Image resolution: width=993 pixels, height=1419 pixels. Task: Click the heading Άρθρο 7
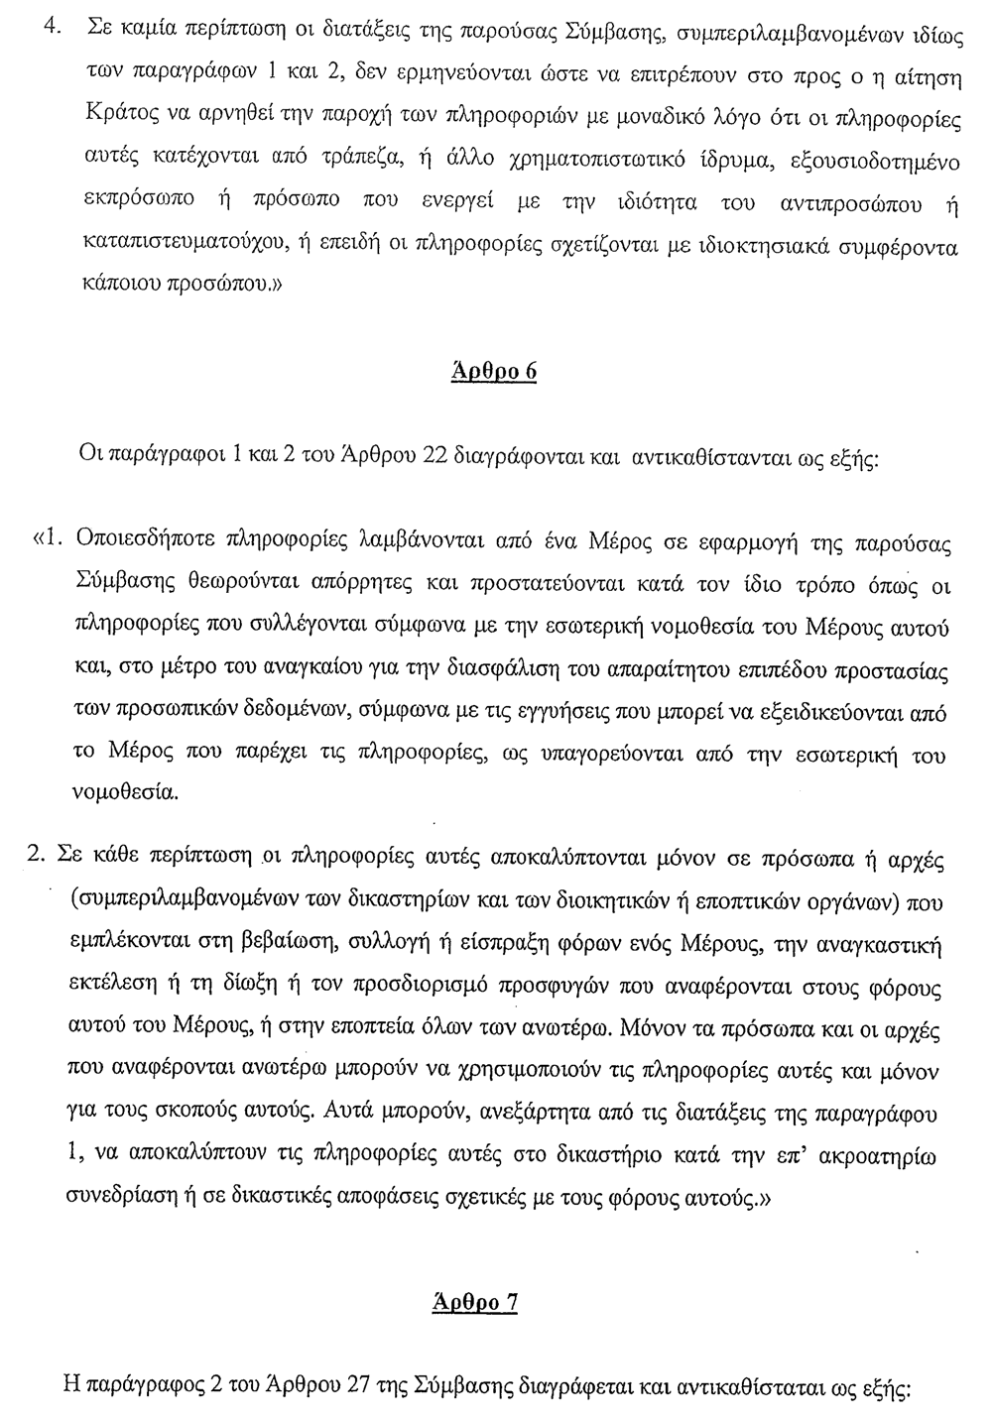coord(475,1301)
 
